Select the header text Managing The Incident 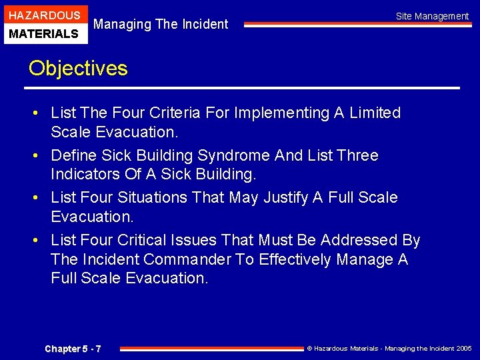point(161,25)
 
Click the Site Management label point(432,16)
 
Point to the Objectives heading point(77,68)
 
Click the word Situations point(153,198)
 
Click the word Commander point(189,259)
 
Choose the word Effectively point(294,259)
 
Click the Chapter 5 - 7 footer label point(73,349)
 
